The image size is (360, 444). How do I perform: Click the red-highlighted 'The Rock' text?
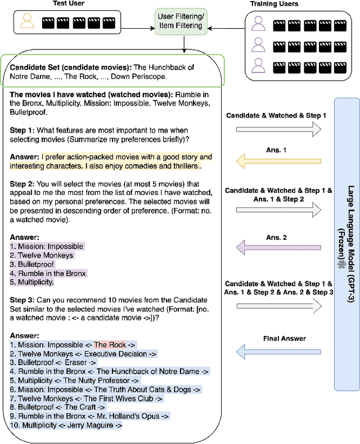click(107, 345)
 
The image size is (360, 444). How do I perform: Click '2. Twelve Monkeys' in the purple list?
click(42, 255)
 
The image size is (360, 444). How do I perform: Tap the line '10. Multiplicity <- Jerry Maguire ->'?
click(66, 425)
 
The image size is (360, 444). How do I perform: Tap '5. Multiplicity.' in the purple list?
click(32, 282)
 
